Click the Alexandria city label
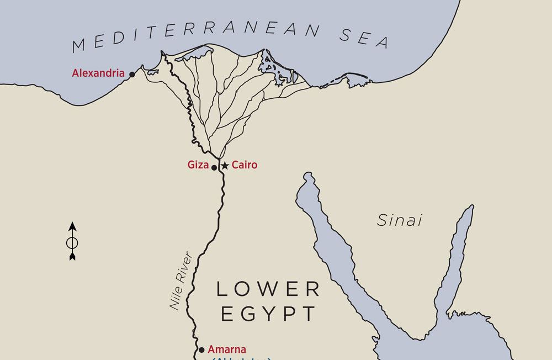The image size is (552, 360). coord(98,73)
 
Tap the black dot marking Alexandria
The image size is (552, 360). coord(132,75)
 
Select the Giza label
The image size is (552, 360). coord(198,165)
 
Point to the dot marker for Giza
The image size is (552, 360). coord(215,167)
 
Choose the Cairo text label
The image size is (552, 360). coord(245,165)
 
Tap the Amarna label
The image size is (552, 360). coord(227,349)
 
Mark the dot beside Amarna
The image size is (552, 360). coord(201,350)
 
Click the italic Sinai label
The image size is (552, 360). coord(400,220)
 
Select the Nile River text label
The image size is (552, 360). coord(181,282)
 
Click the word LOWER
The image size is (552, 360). coord(268,288)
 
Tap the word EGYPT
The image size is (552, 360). coord(268,314)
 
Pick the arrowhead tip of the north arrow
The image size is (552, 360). coord(72,224)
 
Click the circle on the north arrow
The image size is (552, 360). coord(72,242)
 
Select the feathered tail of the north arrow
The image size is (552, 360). coord(72,256)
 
